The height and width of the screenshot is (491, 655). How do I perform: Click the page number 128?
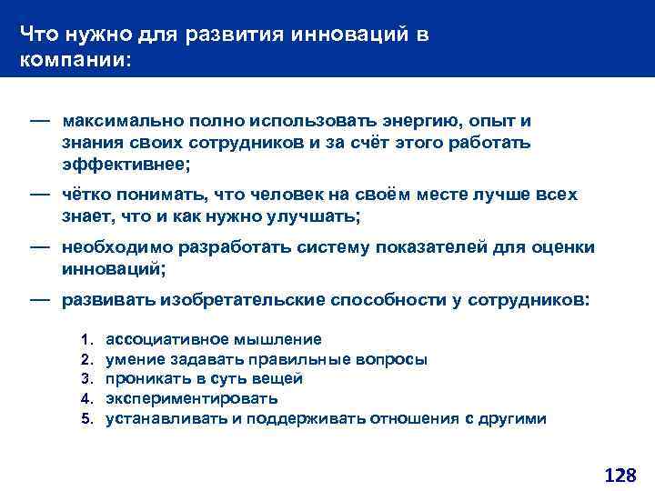620,475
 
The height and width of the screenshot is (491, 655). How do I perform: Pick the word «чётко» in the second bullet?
87,195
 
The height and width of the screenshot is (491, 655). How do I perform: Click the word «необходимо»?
117,247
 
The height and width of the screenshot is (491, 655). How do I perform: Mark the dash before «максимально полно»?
39,120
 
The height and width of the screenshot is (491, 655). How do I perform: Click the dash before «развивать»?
39,298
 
